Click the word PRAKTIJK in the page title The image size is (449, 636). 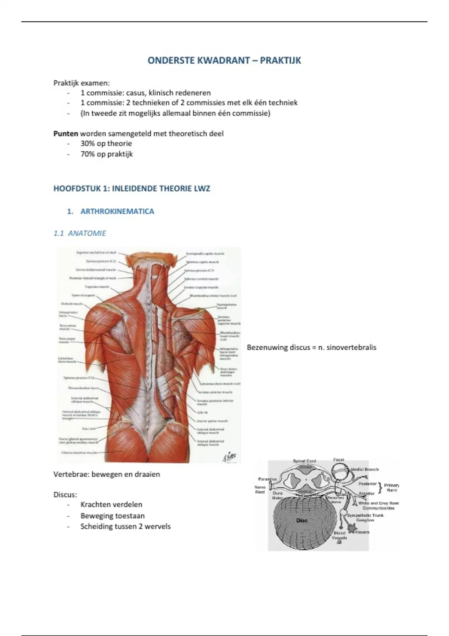280,61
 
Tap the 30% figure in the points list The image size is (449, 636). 87,144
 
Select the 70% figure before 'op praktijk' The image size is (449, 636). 87,154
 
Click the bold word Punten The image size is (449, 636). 65,134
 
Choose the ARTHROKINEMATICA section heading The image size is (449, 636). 117,211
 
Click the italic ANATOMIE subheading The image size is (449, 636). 87,233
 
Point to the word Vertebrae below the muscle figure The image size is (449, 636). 71,474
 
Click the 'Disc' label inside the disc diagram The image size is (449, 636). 302,520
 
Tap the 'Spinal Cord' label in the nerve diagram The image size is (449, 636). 304,461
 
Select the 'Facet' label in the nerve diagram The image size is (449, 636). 339,460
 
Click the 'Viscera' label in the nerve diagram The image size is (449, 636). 362,532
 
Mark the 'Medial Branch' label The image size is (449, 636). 364,469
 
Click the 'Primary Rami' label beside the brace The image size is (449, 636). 391,487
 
